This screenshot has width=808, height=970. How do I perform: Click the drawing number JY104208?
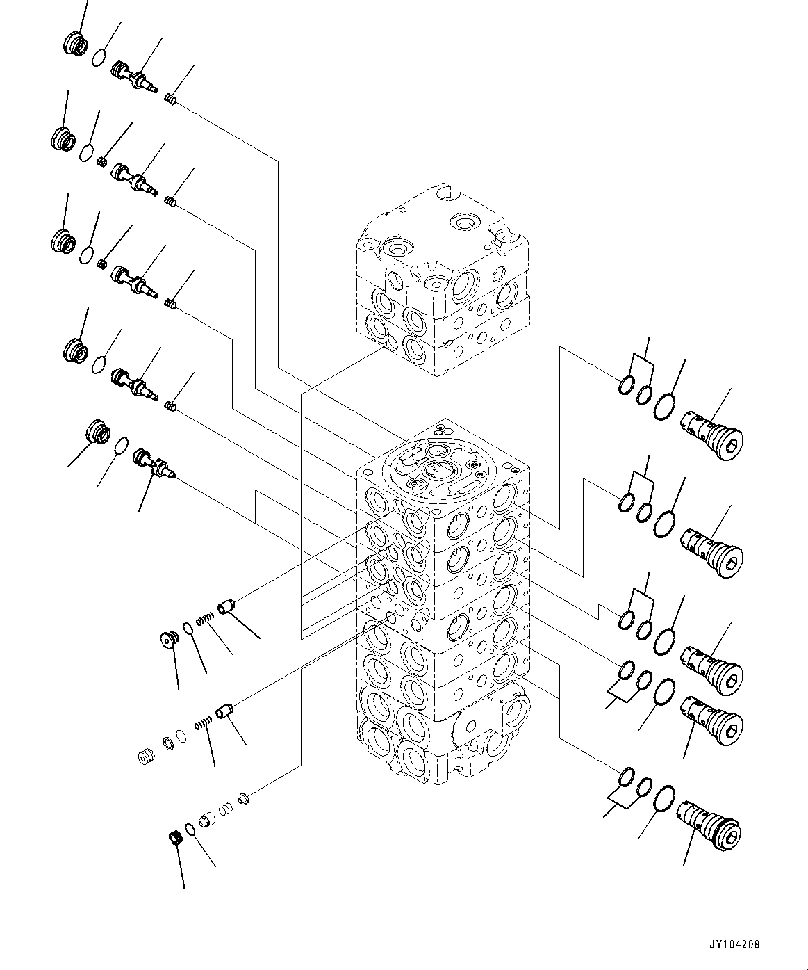(735, 945)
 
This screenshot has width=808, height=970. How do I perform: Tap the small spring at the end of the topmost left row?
(171, 100)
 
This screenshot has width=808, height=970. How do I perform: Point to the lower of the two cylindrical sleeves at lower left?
(225, 713)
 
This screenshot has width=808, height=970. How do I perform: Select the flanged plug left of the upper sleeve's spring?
(167, 638)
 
